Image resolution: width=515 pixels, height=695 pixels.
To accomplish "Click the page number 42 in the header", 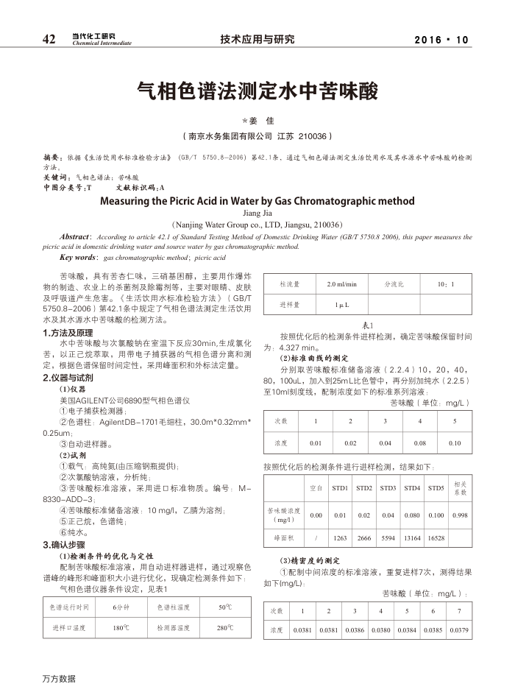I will tap(49, 39).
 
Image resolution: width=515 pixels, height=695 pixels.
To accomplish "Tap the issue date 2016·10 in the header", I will tap(441, 40).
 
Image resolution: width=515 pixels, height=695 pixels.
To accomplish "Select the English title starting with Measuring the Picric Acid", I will tap(257, 200).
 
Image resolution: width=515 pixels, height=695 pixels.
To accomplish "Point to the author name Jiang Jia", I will tap(257, 212).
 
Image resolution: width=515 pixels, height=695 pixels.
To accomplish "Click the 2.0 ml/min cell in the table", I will tap(341, 283).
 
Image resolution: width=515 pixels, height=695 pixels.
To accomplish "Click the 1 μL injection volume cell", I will tap(341, 304).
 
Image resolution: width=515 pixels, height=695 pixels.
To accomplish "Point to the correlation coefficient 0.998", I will tap(461, 515).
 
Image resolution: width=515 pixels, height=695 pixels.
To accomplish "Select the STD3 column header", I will tap(388, 488).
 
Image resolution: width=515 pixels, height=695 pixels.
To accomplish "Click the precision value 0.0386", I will tap(355, 631).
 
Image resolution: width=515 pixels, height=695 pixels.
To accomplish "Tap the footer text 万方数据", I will tap(58, 678).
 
